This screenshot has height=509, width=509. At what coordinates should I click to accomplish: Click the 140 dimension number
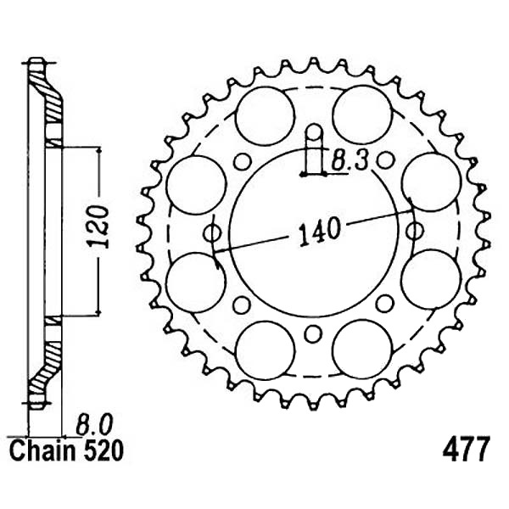pyautogui.click(x=320, y=231)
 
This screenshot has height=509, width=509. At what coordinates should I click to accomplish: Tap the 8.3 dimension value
pyautogui.click(x=350, y=160)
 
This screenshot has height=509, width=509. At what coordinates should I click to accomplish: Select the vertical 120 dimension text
pyautogui.click(x=98, y=227)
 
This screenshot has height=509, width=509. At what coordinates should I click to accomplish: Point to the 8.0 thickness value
pyautogui.click(x=94, y=424)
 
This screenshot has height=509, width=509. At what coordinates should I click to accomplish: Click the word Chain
pyautogui.click(x=42, y=450)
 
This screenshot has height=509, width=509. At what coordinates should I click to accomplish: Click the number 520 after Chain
pyautogui.click(x=103, y=450)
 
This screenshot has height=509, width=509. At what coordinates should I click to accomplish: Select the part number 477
pyautogui.click(x=466, y=450)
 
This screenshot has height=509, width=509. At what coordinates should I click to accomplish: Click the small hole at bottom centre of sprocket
pyautogui.click(x=313, y=334)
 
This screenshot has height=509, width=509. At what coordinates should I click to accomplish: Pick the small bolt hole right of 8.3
pyautogui.click(x=385, y=160)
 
